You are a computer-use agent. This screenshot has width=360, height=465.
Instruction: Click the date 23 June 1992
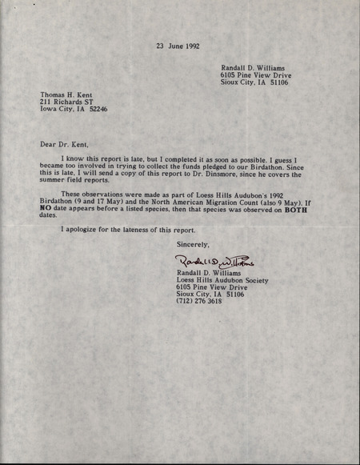[178, 46]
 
